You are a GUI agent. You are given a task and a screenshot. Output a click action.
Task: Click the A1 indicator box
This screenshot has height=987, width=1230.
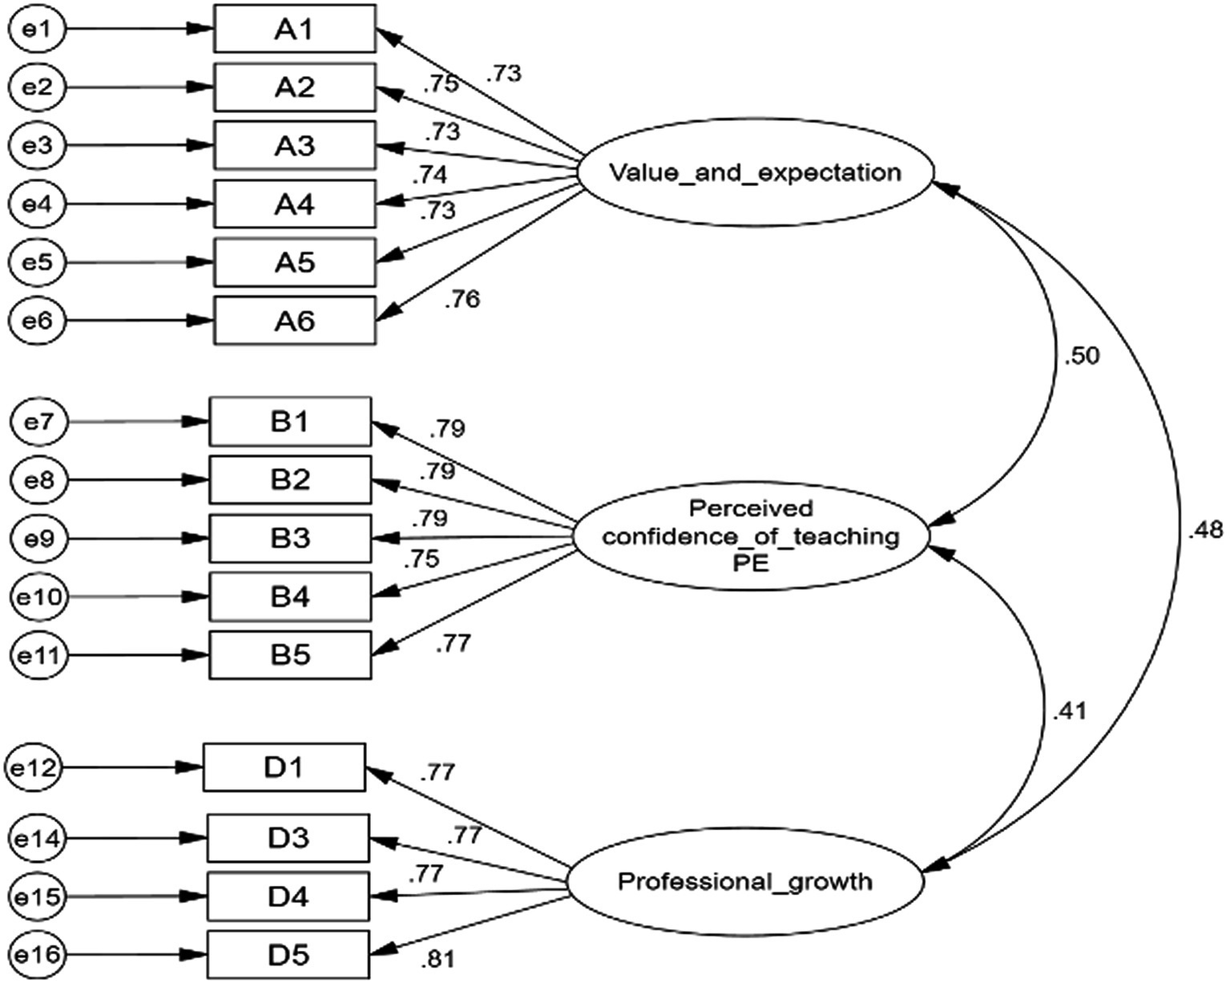click(294, 29)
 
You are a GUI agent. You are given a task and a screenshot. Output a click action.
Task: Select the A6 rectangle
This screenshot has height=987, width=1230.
click(294, 321)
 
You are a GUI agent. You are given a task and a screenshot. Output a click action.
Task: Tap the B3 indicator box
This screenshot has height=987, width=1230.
click(290, 538)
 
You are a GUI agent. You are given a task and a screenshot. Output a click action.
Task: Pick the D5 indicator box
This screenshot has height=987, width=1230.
click(288, 955)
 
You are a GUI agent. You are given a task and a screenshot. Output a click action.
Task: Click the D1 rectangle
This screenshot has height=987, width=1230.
click(284, 767)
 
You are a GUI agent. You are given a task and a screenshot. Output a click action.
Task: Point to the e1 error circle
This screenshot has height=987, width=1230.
click(37, 29)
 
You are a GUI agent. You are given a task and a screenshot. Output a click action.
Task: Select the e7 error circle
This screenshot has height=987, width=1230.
click(38, 421)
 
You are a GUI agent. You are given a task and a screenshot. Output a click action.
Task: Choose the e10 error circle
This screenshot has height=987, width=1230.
click(38, 597)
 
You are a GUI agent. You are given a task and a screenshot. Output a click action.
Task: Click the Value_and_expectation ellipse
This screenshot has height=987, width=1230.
click(755, 172)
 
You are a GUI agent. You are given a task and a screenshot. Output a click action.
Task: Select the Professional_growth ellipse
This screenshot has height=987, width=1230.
click(745, 882)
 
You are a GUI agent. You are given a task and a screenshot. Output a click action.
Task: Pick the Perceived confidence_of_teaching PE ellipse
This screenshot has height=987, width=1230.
click(750, 536)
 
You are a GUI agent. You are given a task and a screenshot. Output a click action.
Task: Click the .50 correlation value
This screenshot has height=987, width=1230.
click(1081, 356)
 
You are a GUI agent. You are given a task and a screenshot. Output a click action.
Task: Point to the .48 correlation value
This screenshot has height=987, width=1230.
click(1205, 529)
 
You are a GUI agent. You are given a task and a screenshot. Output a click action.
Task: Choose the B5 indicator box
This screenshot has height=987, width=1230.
click(290, 655)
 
